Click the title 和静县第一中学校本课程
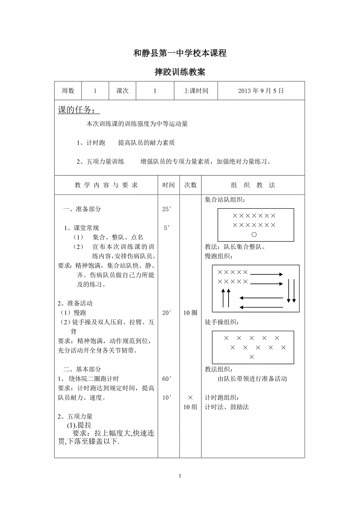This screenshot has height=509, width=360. [x=180, y=54]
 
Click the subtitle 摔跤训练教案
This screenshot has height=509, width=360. [x=180, y=72]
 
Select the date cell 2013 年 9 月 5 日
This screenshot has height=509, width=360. [x=261, y=91]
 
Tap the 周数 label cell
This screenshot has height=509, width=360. [x=68, y=91]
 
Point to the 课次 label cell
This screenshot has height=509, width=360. [x=122, y=91]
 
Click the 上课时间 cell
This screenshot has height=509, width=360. [x=196, y=91]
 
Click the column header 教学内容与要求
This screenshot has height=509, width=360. [x=106, y=185]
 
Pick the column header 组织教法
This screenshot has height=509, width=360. [x=253, y=185]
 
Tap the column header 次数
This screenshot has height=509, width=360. [x=191, y=185]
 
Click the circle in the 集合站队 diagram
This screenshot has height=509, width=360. [x=254, y=235]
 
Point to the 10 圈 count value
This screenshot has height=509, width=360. [x=191, y=313]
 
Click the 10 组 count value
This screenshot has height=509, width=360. [x=191, y=407]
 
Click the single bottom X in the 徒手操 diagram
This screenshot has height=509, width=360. [x=252, y=357]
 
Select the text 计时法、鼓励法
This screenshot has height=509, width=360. [x=227, y=407]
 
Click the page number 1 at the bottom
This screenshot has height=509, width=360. [x=180, y=476]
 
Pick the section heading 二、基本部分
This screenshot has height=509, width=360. [x=82, y=369]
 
